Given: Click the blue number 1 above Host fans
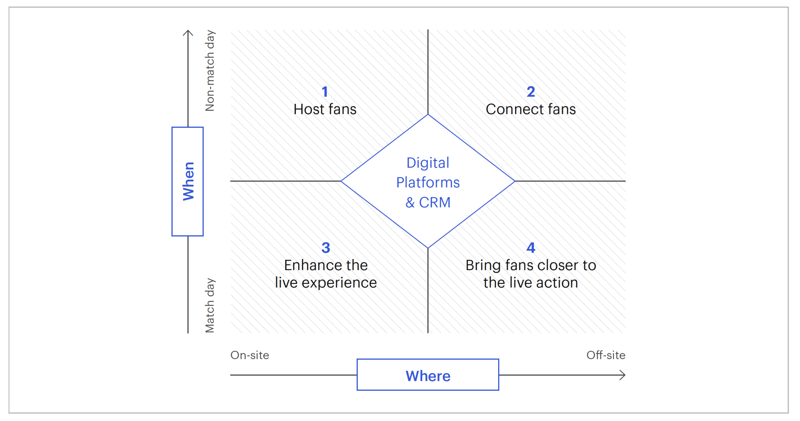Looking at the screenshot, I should pyautogui.click(x=325, y=92).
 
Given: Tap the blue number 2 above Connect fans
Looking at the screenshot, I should pyautogui.click(x=531, y=92).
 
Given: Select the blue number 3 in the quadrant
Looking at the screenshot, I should pyautogui.click(x=326, y=248).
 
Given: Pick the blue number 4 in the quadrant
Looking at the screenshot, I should pyautogui.click(x=531, y=248).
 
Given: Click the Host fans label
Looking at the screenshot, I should pyautogui.click(x=325, y=109).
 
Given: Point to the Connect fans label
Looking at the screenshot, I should pyautogui.click(x=531, y=109).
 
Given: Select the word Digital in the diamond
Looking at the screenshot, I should pyautogui.click(x=428, y=163).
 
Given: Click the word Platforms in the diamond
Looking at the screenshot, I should pyautogui.click(x=428, y=183).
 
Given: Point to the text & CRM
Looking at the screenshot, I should pyautogui.click(x=428, y=202).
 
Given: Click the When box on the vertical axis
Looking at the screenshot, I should pyautogui.click(x=187, y=181).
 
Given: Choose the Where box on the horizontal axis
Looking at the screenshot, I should pyautogui.click(x=428, y=375).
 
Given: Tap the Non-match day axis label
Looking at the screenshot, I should pyautogui.click(x=210, y=71).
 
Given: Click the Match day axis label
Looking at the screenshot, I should pyautogui.click(x=210, y=305).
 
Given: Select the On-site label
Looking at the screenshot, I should pyautogui.click(x=250, y=355).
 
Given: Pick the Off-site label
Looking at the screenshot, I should pyautogui.click(x=606, y=355).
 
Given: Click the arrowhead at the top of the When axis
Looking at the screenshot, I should pyautogui.click(x=188, y=32).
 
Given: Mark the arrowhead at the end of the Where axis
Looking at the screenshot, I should pyautogui.click(x=623, y=375).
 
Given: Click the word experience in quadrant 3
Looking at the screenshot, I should pyautogui.click(x=339, y=283).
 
